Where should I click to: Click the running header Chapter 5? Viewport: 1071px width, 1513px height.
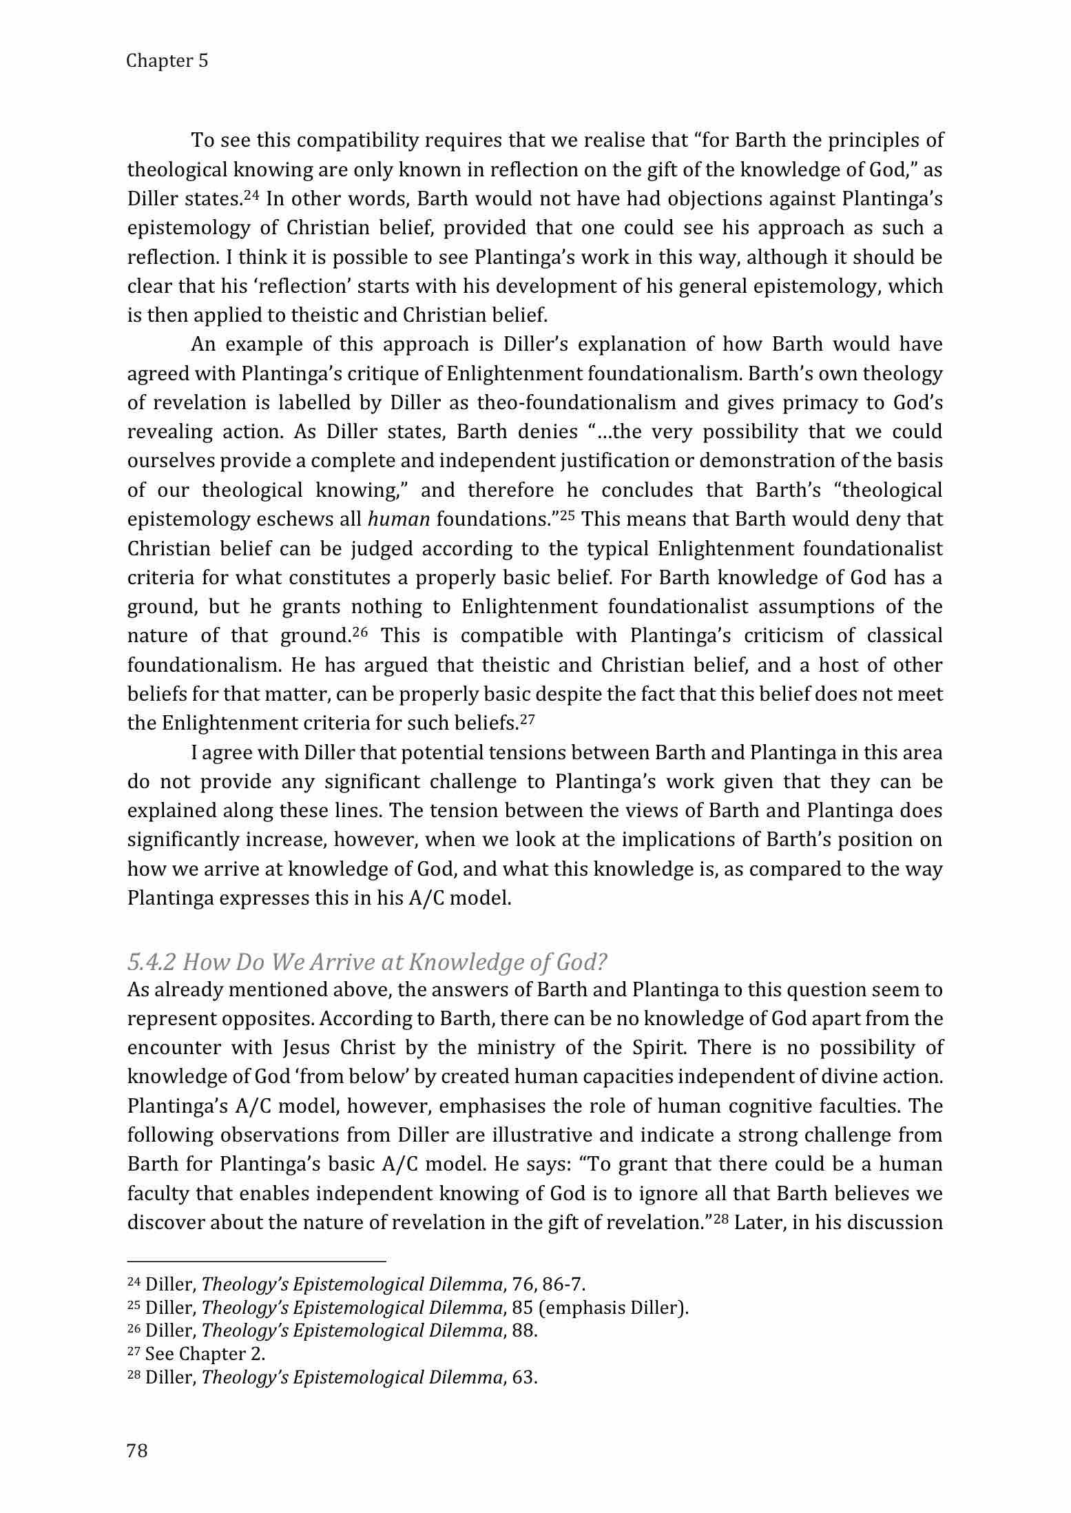click(x=167, y=61)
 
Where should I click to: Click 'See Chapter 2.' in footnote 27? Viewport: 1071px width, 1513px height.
click(x=205, y=1354)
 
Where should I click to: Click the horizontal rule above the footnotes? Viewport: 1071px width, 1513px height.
click(x=257, y=1262)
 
